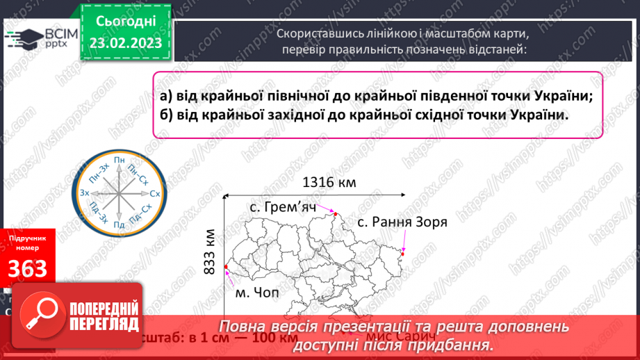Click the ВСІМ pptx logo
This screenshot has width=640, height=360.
click(41, 39)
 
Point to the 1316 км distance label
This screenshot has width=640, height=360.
click(329, 183)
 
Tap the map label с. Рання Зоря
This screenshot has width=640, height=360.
click(402, 222)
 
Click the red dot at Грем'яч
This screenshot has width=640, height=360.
click(334, 213)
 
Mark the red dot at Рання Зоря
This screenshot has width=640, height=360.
click(404, 253)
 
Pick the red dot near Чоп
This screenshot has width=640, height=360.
click(227, 266)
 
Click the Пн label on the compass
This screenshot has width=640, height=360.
click(120, 161)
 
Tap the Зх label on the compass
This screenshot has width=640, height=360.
click(85, 193)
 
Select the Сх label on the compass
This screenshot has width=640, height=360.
click(155, 193)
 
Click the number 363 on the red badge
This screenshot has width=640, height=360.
click(28, 268)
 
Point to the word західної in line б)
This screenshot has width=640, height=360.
click(278, 115)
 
